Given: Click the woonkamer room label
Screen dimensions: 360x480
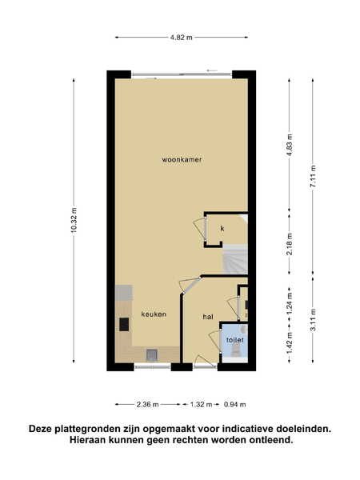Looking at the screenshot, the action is pyautogui.click(x=182, y=159).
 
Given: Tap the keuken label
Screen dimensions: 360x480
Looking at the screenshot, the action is pyautogui.click(x=154, y=314).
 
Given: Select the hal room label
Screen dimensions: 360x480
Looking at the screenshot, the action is pyautogui.click(x=208, y=317).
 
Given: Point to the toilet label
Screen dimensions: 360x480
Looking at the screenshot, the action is pyautogui.click(x=235, y=340).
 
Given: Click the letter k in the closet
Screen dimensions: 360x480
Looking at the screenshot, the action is pyautogui.click(x=222, y=228).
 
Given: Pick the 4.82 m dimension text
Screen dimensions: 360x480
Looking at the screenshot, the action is pyautogui.click(x=182, y=38).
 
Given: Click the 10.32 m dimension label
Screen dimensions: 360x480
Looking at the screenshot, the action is pyautogui.click(x=74, y=220).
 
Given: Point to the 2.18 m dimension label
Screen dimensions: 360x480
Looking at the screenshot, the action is pyautogui.click(x=290, y=244).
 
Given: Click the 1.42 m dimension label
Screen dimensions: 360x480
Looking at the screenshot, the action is pyautogui.click(x=290, y=343).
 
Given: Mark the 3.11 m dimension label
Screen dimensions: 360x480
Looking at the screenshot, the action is pyautogui.click(x=313, y=320).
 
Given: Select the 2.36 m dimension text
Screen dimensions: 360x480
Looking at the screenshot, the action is pyautogui.click(x=147, y=405).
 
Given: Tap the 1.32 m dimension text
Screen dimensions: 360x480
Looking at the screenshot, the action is pyautogui.click(x=201, y=405).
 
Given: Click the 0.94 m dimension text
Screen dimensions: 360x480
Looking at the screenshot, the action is pyautogui.click(x=234, y=405).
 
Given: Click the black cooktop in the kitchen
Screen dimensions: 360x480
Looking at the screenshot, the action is pyautogui.click(x=124, y=325).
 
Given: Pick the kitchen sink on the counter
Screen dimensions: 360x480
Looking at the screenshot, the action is pyautogui.click(x=151, y=354).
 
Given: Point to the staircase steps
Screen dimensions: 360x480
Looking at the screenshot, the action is pyautogui.click(x=234, y=259).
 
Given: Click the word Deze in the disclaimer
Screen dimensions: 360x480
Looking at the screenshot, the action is pyautogui.click(x=40, y=429).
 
